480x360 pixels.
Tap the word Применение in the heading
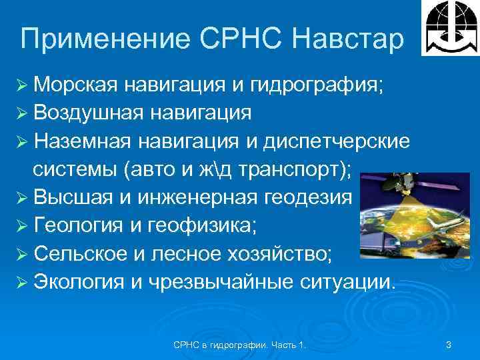88,40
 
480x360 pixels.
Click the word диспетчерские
339,141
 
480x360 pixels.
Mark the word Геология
81,225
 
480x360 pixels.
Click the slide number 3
449,345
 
